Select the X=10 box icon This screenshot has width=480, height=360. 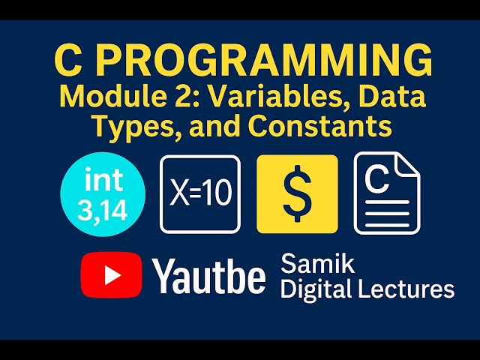tap(200, 193)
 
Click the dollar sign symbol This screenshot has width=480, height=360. tap(297, 193)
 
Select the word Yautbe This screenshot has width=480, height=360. tap(210, 276)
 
